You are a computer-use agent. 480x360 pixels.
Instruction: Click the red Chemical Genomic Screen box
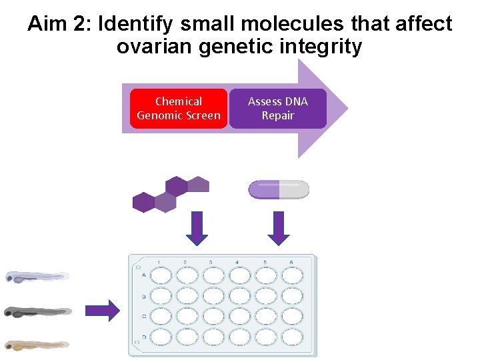178,109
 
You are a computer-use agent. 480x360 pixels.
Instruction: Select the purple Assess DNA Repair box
278,109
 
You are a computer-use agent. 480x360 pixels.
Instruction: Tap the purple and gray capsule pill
279,190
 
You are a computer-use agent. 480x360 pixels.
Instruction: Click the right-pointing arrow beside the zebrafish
103,310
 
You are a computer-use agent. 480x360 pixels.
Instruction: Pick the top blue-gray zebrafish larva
37,276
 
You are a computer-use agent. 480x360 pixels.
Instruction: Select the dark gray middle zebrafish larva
37,311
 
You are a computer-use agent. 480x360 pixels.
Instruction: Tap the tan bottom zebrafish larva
37,345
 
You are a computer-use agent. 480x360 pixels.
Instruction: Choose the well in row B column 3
213,295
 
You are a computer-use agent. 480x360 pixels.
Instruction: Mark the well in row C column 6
291,315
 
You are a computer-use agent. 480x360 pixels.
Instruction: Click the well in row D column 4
239,336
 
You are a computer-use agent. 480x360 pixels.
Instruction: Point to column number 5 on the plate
265,262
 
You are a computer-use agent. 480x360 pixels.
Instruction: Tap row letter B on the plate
144,296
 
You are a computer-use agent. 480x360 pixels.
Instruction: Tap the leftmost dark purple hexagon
144,202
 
